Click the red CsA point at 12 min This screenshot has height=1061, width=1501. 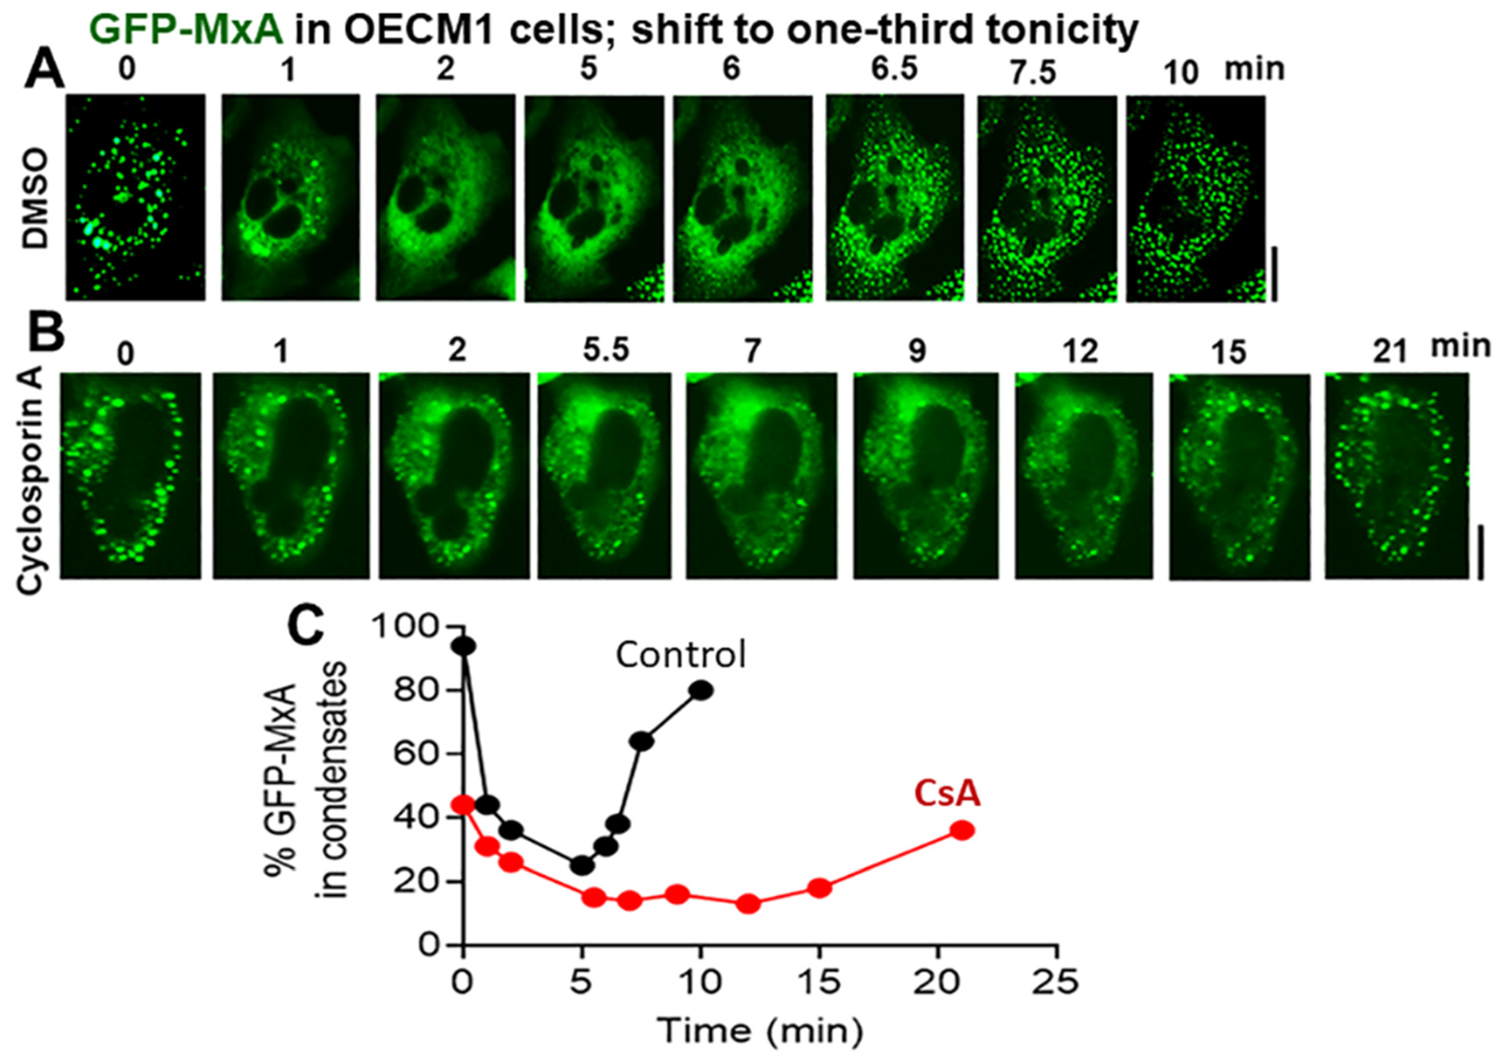click(749, 904)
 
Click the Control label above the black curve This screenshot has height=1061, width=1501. click(680, 655)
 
